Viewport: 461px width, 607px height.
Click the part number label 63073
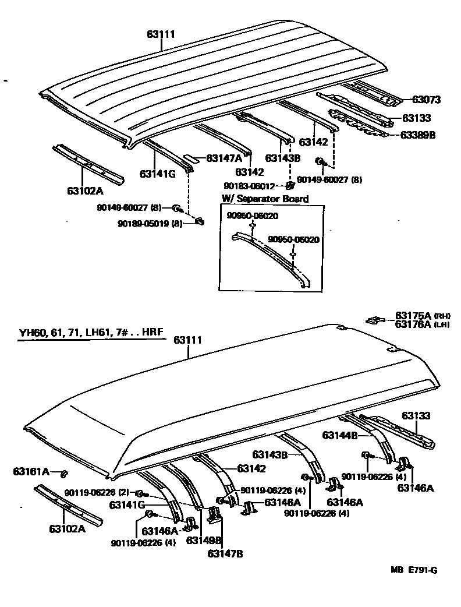click(x=426, y=100)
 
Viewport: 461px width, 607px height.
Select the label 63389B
click(x=417, y=135)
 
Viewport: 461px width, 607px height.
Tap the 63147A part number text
click(x=222, y=157)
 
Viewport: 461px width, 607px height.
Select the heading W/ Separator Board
click(x=265, y=199)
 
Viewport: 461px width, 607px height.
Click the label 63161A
click(x=31, y=471)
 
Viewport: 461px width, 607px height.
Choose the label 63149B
click(x=203, y=540)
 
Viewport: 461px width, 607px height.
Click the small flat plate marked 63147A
click(x=192, y=157)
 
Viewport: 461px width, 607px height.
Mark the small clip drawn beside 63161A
click(x=65, y=472)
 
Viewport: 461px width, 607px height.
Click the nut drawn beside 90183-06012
click(x=289, y=186)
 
